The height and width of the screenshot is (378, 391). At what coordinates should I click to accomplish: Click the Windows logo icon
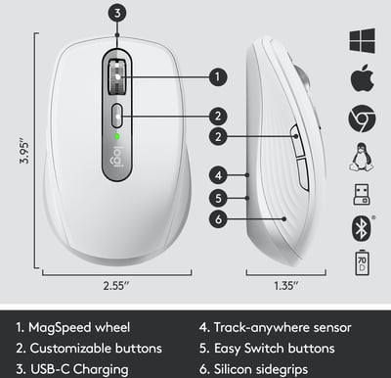click(362, 40)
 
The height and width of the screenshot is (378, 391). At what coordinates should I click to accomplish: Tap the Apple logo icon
click(362, 78)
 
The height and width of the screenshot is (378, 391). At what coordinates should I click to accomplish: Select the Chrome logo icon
click(362, 118)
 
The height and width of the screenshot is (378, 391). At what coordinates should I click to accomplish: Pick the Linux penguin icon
click(362, 157)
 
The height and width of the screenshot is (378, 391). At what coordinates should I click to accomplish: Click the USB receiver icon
click(362, 195)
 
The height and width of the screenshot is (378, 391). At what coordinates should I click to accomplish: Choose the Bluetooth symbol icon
click(362, 228)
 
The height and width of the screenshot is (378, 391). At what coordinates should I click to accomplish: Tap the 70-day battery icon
click(362, 263)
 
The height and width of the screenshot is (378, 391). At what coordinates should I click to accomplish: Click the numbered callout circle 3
click(117, 13)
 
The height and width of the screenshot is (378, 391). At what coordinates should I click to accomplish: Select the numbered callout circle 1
click(218, 77)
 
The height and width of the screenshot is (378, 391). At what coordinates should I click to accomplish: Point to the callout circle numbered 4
click(218, 175)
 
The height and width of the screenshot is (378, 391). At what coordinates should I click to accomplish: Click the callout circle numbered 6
click(218, 219)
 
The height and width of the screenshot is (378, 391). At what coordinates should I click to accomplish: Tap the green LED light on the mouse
click(117, 136)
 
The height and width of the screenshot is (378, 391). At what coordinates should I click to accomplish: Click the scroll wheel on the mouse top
click(117, 76)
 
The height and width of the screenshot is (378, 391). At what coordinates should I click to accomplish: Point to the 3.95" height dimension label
click(24, 153)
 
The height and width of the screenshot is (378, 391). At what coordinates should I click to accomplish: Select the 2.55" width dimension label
click(116, 286)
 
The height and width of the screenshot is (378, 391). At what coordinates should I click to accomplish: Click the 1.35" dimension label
click(286, 286)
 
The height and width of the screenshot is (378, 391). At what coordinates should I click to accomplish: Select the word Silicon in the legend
click(233, 369)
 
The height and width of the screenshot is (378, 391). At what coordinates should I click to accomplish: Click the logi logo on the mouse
click(117, 158)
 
